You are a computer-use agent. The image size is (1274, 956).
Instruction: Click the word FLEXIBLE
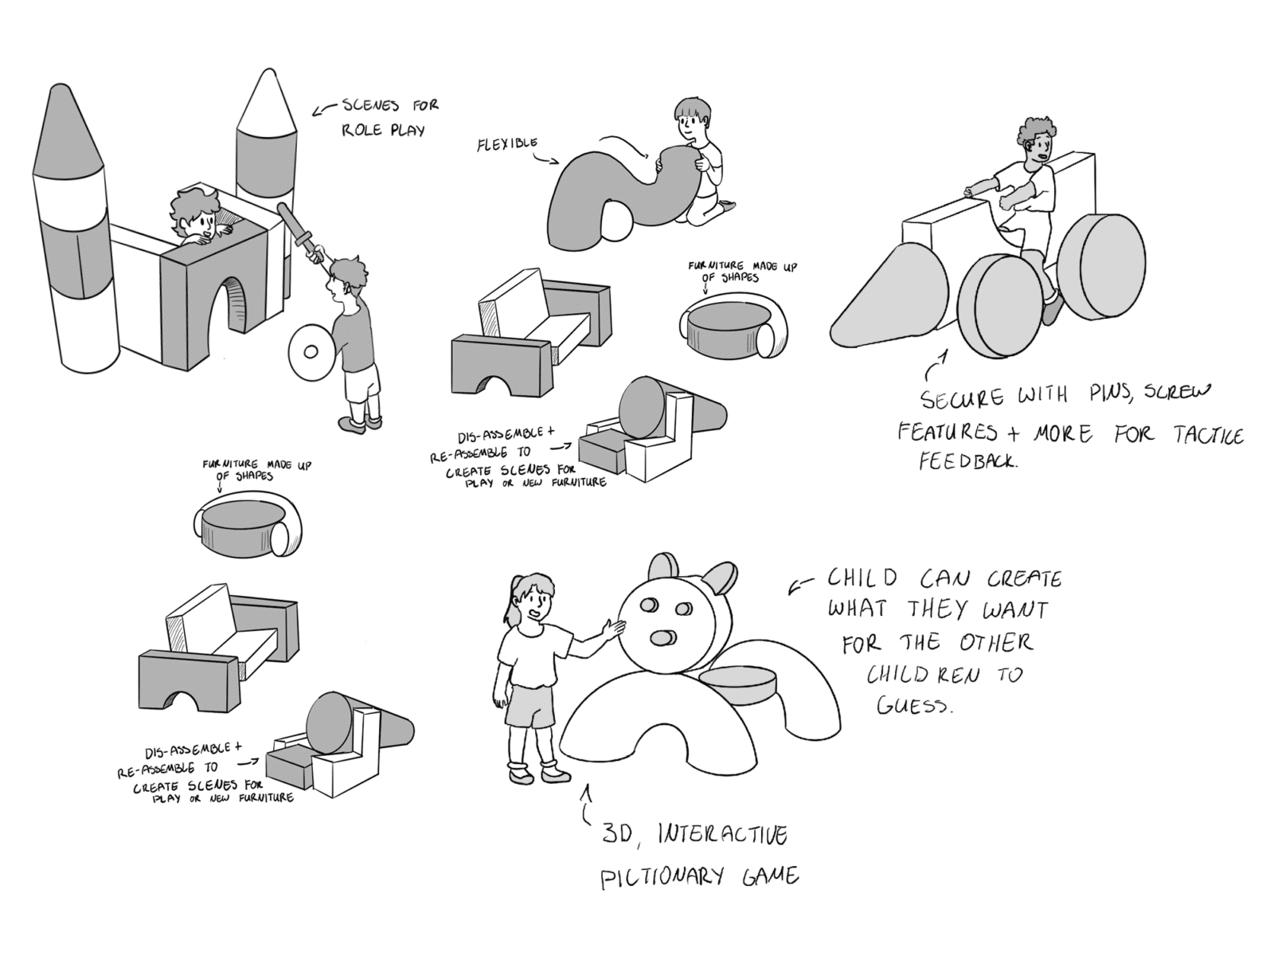(x=507, y=143)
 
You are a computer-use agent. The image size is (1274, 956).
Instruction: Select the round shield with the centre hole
(x=311, y=351)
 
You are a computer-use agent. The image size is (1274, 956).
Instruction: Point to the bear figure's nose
(x=662, y=638)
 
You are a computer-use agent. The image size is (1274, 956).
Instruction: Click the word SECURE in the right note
(x=963, y=398)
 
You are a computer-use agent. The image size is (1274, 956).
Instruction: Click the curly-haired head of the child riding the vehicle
(x=1037, y=143)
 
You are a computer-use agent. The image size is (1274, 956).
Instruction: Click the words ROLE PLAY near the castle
(x=383, y=129)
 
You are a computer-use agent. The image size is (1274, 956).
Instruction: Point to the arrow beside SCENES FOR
(x=324, y=109)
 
